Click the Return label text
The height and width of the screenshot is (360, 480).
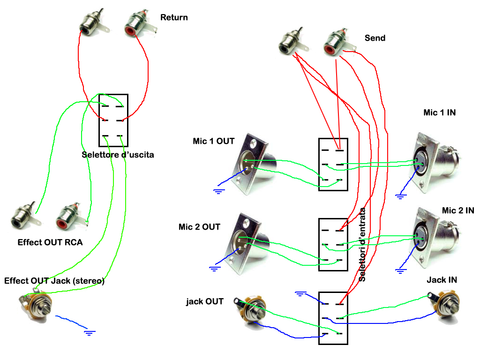tap(174, 18)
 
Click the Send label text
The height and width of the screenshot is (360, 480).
tap(375, 38)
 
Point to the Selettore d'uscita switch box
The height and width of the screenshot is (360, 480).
tap(113, 120)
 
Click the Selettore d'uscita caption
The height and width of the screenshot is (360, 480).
tap(118, 155)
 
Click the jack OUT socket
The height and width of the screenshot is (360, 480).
tap(250, 311)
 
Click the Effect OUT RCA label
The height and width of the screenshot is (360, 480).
tap(50, 243)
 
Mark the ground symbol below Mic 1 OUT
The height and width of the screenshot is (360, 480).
tap(218, 190)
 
